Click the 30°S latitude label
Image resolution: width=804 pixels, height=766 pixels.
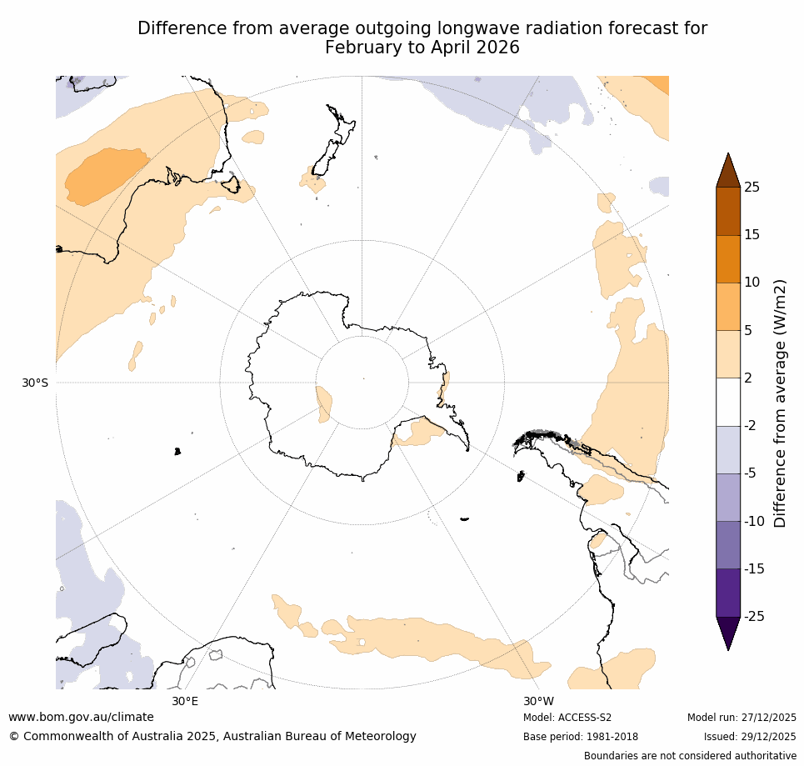(35, 383)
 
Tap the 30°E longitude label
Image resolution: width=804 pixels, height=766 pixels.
(185, 701)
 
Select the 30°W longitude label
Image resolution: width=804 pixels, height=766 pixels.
(538, 701)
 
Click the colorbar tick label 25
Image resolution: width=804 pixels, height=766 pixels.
(752, 188)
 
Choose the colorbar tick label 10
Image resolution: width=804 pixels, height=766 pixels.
(752, 283)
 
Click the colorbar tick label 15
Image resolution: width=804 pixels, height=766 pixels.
(752, 235)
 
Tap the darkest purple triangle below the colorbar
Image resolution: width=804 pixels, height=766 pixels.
(728, 632)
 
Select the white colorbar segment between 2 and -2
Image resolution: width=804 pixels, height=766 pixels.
(728, 402)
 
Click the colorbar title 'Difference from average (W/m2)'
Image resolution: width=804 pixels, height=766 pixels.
(781, 403)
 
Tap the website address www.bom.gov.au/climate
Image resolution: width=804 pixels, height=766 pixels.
(81, 717)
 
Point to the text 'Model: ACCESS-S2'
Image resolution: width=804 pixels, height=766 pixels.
(567, 718)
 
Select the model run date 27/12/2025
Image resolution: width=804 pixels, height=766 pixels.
(768, 718)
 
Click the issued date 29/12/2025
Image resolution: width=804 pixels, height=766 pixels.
(768, 737)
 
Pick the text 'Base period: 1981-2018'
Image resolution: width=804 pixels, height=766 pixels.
(581, 737)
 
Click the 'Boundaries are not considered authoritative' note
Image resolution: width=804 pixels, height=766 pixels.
(690, 756)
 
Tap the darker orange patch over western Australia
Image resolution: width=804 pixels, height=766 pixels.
(104, 175)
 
